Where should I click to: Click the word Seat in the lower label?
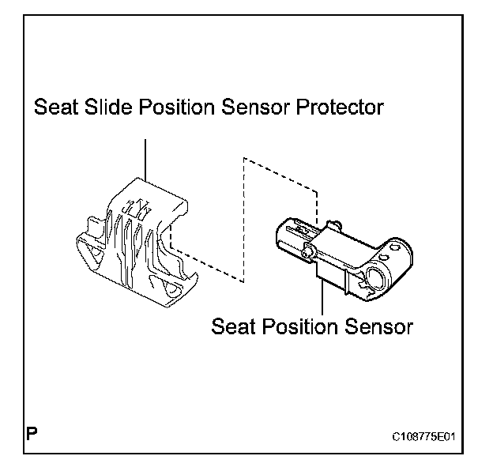point(236,326)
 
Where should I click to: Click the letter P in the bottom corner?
point(32,434)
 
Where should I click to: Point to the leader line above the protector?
point(147,158)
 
